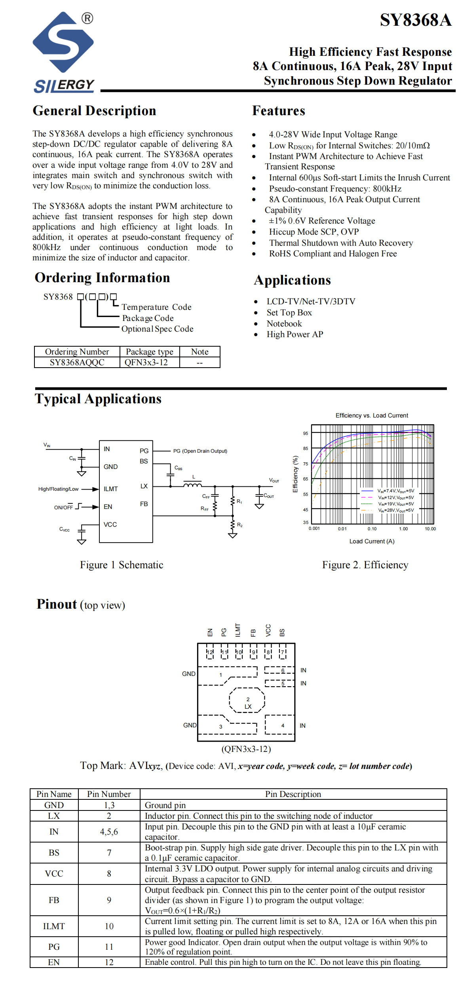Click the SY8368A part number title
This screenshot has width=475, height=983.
[x=416, y=20]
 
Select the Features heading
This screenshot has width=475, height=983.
[x=279, y=111]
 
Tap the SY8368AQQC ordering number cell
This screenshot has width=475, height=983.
[x=77, y=362]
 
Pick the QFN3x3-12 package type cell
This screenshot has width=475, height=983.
[x=146, y=362]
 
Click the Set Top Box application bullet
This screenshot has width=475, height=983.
[x=289, y=313]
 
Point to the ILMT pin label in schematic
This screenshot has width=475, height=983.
[x=110, y=489]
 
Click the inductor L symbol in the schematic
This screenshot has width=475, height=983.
[x=193, y=485]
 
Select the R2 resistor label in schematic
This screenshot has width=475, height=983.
[x=240, y=525]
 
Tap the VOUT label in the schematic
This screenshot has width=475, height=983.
[x=274, y=480]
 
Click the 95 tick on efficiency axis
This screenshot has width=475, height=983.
[x=306, y=433]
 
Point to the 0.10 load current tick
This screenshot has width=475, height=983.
[x=372, y=529]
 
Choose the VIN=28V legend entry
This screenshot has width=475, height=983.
[x=396, y=510]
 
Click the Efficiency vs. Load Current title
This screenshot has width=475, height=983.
[x=372, y=416]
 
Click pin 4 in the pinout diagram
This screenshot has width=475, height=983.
[x=280, y=725]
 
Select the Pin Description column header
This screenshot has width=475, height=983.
[x=293, y=794]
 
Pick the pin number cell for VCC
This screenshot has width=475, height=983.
[x=109, y=873]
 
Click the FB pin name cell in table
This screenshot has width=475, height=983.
[x=54, y=900]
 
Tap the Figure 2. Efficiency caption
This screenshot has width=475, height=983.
[x=365, y=565]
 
